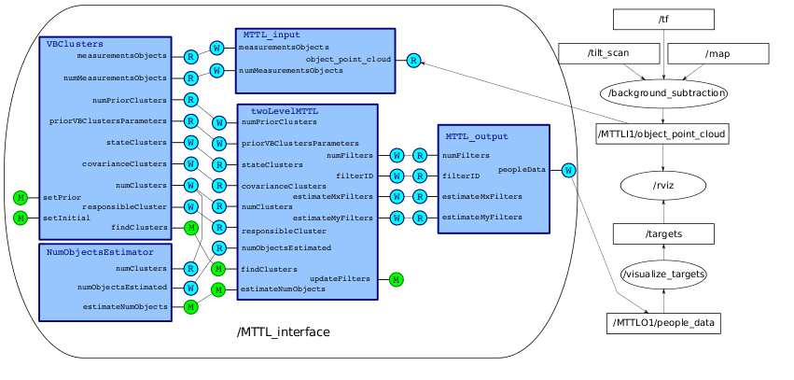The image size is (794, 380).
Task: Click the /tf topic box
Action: coord(662,19)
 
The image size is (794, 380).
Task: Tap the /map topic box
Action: coord(717,53)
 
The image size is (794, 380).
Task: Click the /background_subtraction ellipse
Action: coord(662,94)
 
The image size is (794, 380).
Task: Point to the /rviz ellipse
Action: coord(662,184)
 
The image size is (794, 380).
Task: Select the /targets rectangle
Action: coord(662,233)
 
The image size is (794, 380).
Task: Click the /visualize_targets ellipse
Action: coord(662,275)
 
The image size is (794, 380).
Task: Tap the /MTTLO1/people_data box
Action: coord(662,324)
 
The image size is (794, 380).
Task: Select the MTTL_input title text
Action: coord(272,35)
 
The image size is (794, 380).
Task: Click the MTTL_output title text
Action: coord(477,136)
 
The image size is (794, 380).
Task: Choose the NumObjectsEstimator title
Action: coord(106,252)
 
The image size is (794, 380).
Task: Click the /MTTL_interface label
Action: coord(283,332)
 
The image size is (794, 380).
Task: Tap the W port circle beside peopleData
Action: coord(568,170)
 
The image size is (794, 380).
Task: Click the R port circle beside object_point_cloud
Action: coord(412,61)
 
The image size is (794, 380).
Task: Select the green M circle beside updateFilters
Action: coord(397,279)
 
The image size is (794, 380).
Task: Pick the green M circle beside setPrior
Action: coord(21,197)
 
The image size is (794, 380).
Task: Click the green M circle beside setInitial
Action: coord(21,218)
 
